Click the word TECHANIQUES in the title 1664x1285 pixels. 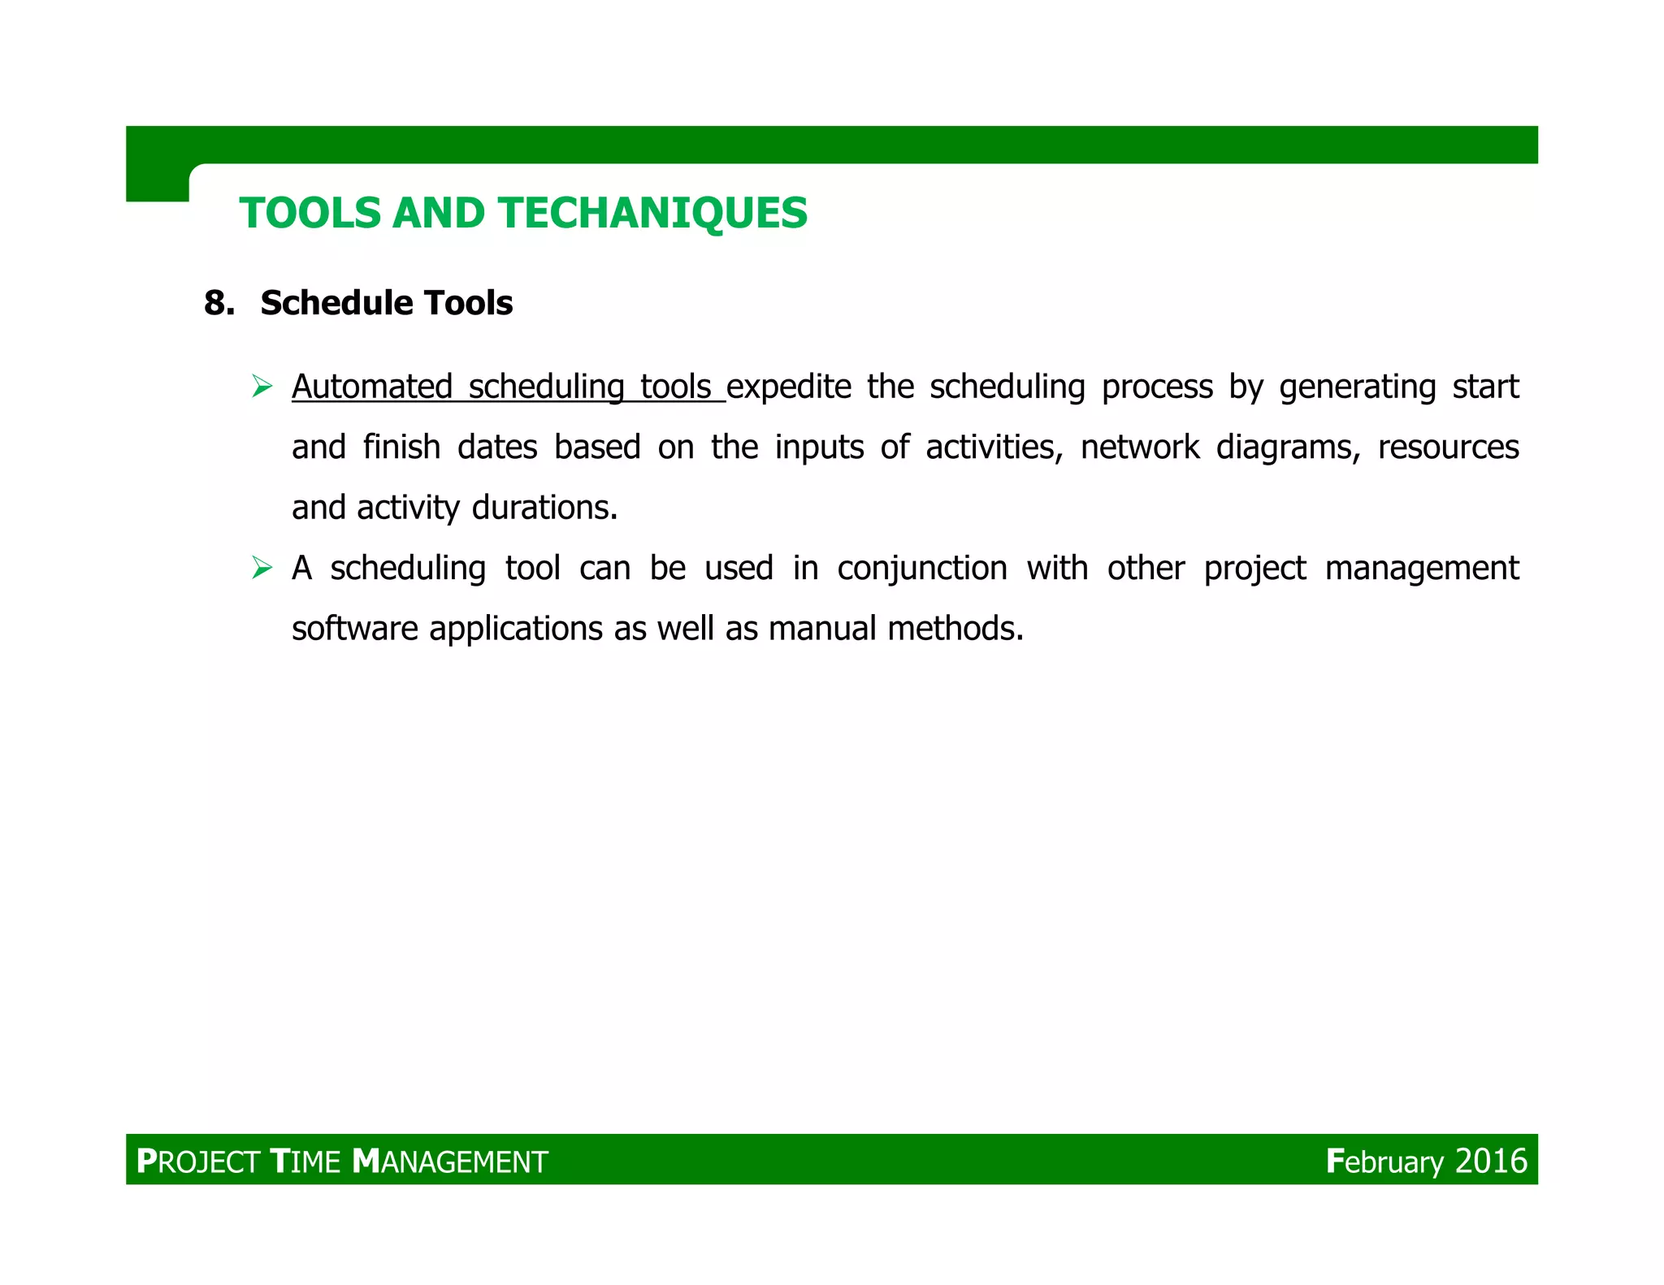[x=653, y=214]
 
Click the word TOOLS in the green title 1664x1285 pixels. [x=310, y=214]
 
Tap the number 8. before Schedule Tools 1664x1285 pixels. [x=219, y=304]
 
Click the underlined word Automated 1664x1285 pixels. [x=371, y=387]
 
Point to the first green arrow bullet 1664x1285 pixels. [x=262, y=387]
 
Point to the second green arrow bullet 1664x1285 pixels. [x=262, y=568]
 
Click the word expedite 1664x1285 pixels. [x=789, y=387]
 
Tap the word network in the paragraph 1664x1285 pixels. [x=1139, y=448]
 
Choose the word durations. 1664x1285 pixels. [x=544, y=508]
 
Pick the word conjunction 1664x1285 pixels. [x=921, y=569]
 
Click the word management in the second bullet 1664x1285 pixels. [x=1421, y=569]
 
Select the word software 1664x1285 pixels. [x=354, y=629]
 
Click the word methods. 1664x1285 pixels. [x=955, y=629]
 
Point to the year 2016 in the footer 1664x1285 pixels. [x=1491, y=1162]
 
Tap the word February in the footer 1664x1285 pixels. [x=1384, y=1162]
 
